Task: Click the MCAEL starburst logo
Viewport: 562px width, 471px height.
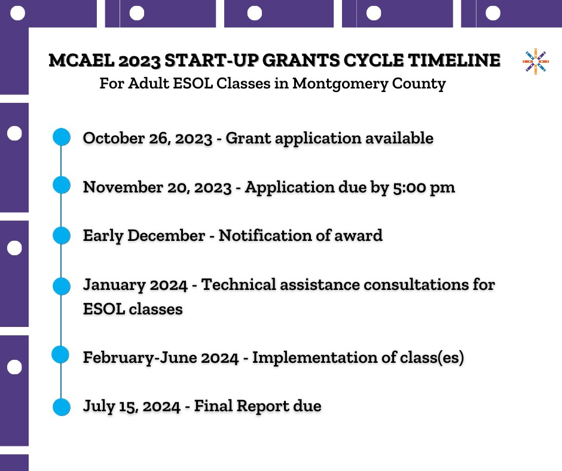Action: click(535, 61)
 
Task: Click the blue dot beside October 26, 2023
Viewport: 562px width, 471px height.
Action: click(62, 137)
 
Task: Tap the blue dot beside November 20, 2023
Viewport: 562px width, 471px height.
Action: click(62, 185)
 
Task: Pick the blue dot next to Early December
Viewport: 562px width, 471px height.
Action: click(62, 235)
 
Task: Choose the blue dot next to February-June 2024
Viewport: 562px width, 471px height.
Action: click(62, 356)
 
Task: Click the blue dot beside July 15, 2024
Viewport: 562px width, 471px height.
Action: click(62, 406)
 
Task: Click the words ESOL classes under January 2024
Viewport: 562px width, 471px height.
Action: click(133, 310)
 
